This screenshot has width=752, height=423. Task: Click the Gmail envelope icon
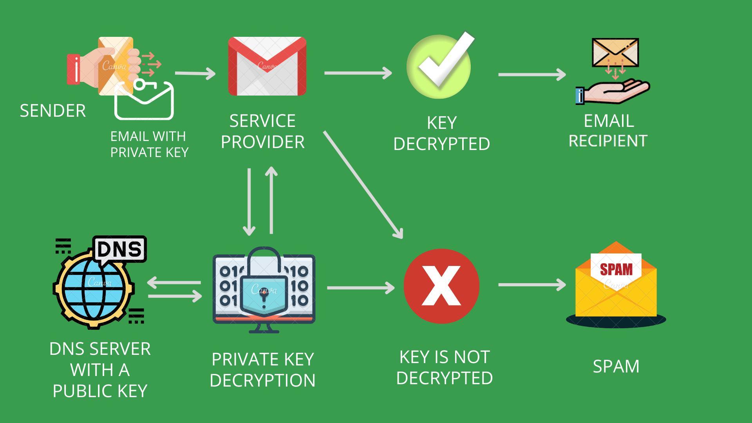267,66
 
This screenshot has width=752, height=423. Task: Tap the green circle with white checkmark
439,67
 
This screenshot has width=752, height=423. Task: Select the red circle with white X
441,286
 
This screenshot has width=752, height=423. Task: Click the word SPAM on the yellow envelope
616,269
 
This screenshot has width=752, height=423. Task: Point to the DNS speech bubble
119,249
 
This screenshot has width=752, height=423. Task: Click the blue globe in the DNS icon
93,289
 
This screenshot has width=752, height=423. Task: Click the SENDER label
53,111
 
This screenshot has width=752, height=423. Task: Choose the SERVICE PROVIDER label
262,132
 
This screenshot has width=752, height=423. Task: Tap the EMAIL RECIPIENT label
608,131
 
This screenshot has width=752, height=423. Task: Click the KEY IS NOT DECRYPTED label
445,368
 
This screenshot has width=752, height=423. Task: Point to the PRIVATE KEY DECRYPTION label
262,370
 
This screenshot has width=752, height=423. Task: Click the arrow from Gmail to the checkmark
358,73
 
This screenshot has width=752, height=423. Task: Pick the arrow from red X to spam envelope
531,285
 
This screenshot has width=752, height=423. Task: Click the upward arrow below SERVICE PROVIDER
271,200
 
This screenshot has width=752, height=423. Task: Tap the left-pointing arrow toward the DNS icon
174,282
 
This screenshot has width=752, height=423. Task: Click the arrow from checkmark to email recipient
531,74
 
